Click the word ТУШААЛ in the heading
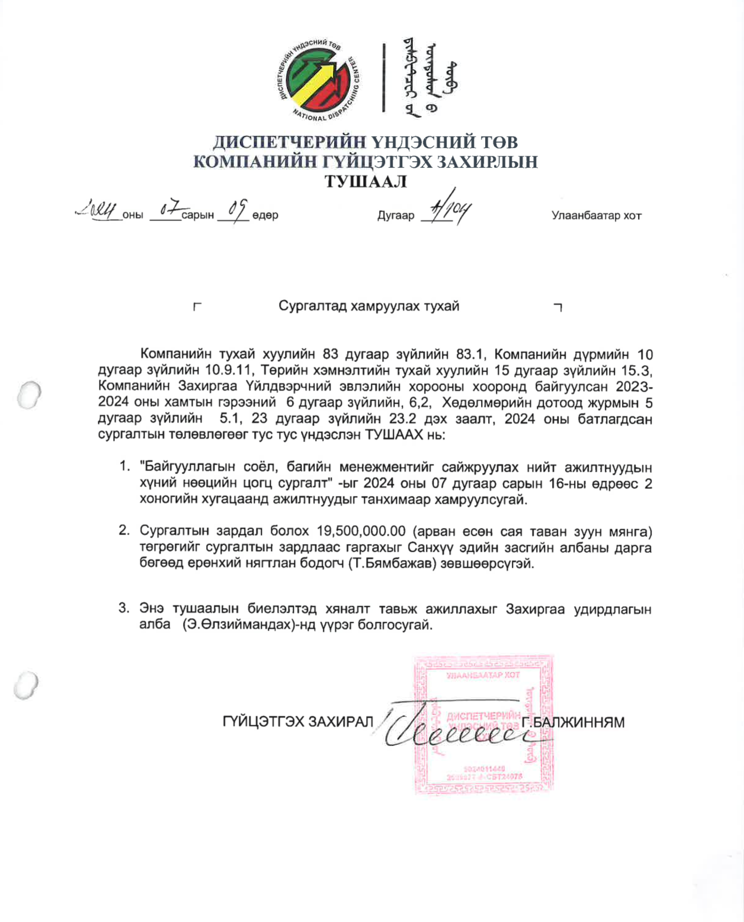coord(365,181)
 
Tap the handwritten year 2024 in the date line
coord(97,210)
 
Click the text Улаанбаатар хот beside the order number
coord(596,216)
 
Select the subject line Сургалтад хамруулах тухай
coord(368,306)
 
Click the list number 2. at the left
coord(124,530)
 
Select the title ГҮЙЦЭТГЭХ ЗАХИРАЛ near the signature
coord(298,722)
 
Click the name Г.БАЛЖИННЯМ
coord(573,722)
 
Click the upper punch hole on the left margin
coord(29,394)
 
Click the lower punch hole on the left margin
coord(27,686)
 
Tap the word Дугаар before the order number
coord(396,216)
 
